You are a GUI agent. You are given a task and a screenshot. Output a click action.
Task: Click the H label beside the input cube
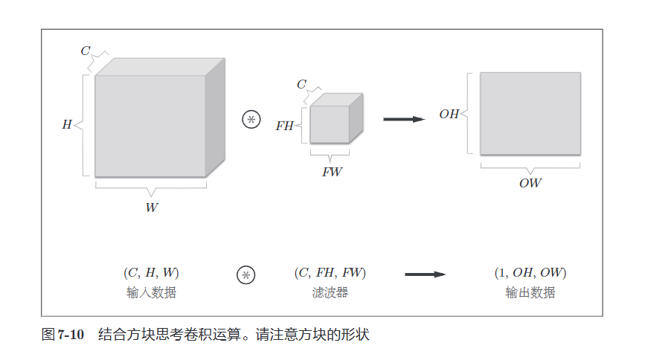point(66,125)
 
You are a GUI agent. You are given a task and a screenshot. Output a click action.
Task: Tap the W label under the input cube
point(151,208)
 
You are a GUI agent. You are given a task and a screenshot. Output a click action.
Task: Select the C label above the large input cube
point(86,51)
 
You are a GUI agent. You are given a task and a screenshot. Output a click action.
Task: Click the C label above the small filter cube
point(301,85)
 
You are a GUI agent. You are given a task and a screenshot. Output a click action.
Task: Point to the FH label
point(285,126)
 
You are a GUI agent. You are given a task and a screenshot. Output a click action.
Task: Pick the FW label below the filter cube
point(332,172)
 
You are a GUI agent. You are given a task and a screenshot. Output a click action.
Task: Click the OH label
point(449,115)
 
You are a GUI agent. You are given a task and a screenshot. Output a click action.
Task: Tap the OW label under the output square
point(530,183)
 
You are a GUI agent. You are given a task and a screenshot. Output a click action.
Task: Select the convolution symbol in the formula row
point(246,274)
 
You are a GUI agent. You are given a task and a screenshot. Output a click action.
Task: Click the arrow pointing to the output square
point(403,119)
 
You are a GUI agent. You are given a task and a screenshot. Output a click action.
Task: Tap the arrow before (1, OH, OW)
point(425,274)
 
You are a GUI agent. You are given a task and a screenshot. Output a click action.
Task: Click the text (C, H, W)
point(151,273)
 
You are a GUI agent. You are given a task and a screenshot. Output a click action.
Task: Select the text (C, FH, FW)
point(330,273)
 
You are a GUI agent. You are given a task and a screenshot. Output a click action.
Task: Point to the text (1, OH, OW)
point(530,273)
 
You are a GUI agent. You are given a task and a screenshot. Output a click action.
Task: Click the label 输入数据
point(151,292)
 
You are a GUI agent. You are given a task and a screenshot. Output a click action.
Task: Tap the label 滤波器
point(330,292)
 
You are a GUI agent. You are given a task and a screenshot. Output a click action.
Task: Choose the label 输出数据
point(530,292)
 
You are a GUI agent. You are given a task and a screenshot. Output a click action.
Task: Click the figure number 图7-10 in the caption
point(62,335)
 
